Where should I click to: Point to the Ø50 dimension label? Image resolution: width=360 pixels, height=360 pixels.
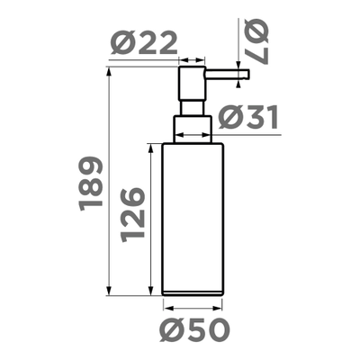tap(191, 330)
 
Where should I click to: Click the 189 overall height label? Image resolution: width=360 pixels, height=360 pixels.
tap(91, 184)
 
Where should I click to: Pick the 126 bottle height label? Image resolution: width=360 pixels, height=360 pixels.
tap(132, 212)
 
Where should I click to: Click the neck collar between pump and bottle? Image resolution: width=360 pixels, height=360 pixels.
tap(193, 127)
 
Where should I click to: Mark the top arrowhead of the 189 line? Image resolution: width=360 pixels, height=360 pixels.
tap(109, 68)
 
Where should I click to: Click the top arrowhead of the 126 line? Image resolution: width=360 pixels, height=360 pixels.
tap(150, 145)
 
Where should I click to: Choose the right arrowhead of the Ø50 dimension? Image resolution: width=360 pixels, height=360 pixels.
tap(219, 307)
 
